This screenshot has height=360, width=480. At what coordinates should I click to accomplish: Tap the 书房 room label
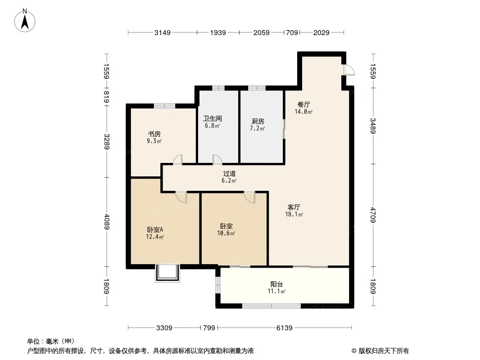pyautogui.click(x=154, y=134)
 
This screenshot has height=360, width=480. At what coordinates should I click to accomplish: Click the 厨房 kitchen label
pyautogui.click(x=258, y=121)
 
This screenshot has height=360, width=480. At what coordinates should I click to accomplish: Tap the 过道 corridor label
pyautogui.click(x=229, y=173)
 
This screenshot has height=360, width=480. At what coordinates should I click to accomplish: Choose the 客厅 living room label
pyautogui.click(x=294, y=207)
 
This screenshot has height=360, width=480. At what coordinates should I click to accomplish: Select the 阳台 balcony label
pyautogui.click(x=276, y=284)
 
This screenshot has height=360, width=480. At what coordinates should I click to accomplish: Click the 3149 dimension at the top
pyautogui.click(x=162, y=32)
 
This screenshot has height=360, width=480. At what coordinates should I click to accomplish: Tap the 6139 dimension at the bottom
pyautogui.click(x=285, y=328)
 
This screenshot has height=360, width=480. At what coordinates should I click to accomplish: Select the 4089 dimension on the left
pyautogui.click(x=107, y=221)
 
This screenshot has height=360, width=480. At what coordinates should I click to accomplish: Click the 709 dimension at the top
pyautogui.click(x=292, y=32)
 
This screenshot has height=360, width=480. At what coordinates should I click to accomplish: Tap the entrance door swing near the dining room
pyautogui.click(x=348, y=70)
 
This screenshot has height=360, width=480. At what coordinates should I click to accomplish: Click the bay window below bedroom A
pyautogui.click(x=168, y=273)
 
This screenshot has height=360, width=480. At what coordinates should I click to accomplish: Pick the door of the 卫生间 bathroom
pyautogui.click(x=217, y=159)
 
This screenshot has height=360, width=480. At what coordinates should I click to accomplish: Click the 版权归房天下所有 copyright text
pyautogui.click(x=380, y=351)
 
